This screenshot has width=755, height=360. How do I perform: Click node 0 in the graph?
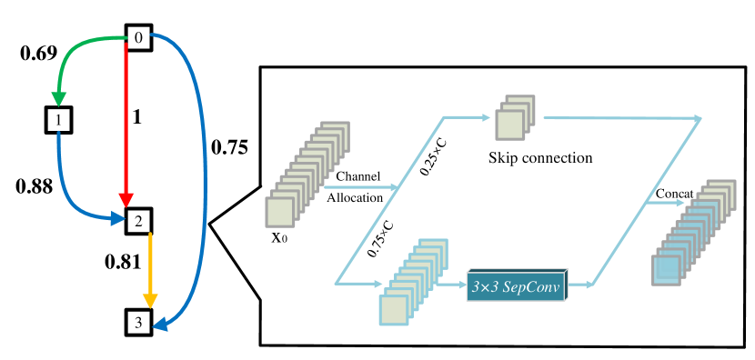138,37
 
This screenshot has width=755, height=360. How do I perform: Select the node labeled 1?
59,119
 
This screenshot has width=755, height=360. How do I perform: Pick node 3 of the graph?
138,322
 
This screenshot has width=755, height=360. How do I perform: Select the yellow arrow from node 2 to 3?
150,264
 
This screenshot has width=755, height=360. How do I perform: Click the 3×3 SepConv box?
516,287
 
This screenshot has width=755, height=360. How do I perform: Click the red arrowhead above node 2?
126,200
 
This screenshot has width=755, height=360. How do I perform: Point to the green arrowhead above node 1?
59,98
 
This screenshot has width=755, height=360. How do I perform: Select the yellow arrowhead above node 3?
150,301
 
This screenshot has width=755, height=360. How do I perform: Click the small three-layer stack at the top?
514,118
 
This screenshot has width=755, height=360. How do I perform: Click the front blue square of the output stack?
666,270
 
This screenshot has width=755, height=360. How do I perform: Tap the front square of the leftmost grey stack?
279,212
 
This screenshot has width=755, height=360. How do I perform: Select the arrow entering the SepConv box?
451,284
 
